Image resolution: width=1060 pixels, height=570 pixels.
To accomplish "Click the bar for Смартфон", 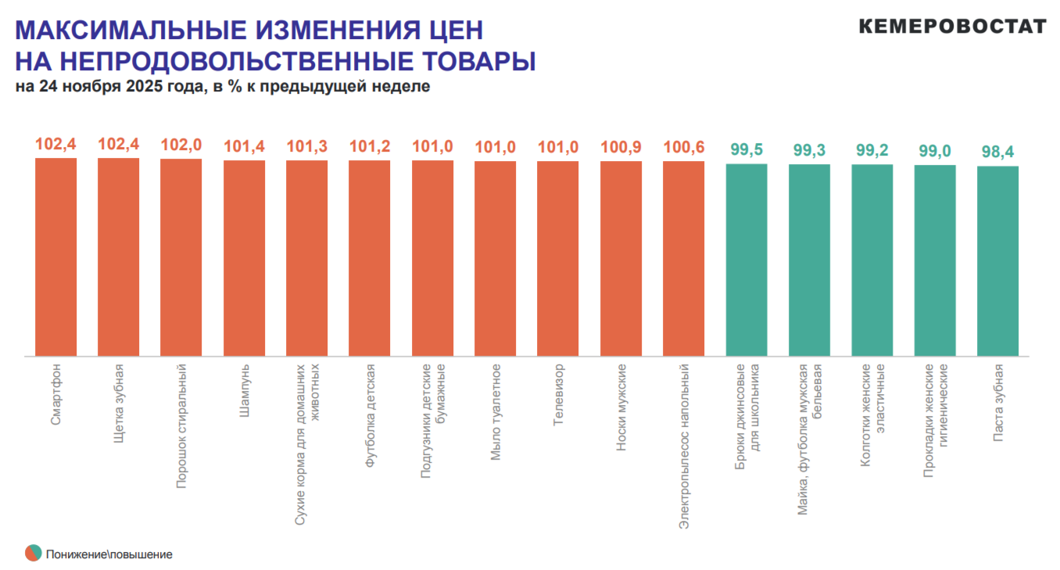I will click(x=56, y=257).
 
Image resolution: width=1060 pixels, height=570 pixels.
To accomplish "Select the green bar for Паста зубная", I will click(x=997, y=261).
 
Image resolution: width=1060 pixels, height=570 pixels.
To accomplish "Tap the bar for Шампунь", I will click(x=244, y=258).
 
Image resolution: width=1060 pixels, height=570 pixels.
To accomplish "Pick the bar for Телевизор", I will click(x=558, y=259).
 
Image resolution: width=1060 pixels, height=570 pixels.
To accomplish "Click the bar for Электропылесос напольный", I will click(x=683, y=259).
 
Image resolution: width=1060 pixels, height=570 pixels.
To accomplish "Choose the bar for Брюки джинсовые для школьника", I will click(x=747, y=260).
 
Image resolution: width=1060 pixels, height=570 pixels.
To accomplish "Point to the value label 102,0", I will click(x=181, y=145).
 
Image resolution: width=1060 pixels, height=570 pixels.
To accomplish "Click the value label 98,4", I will click(x=997, y=152).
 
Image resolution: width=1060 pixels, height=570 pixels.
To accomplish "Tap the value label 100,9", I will click(x=621, y=147).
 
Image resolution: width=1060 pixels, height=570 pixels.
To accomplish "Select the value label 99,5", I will click(x=747, y=149).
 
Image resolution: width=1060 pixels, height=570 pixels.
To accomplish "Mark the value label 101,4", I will click(x=244, y=146).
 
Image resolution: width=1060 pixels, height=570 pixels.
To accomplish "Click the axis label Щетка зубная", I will click(x=119, y=404).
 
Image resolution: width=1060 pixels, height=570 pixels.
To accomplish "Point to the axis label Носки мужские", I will click(x=621, y=408).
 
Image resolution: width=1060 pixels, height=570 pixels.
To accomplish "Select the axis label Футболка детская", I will click(x=370, y=416).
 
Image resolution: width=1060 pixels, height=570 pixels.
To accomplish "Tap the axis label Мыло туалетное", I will click(x=496, y=411).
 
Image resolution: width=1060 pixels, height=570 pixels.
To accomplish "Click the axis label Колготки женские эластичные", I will click(x=872, y=414).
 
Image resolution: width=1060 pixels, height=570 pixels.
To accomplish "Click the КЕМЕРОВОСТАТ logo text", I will click(x=952, y=27).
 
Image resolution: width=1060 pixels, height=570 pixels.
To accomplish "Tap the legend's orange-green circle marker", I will click(x=34, y=554).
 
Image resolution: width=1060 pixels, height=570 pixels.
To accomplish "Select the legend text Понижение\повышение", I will click(x=109, y=554).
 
